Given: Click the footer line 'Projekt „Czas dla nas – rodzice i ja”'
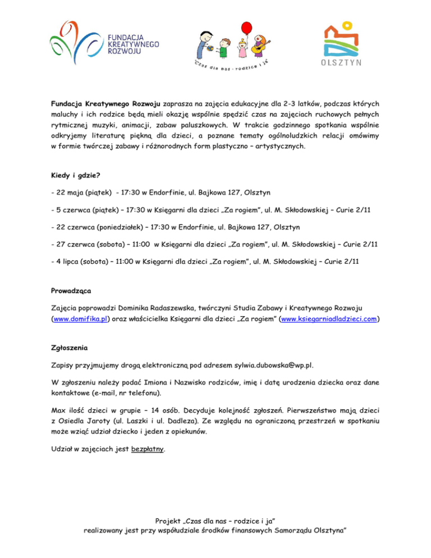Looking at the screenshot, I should [215, 520].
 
